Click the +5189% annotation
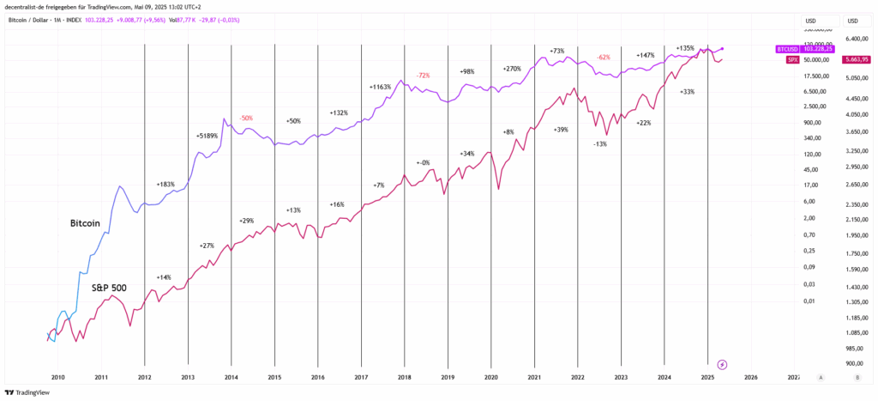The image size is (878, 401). pos(207,136)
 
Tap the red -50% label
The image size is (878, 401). pos(246,118)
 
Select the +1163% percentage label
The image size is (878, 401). pos(380,87)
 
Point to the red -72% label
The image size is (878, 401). pos(423,76)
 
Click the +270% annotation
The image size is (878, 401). pos(512,69)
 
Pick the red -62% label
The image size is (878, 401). pos(604,57)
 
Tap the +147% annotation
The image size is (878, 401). pos(646,55)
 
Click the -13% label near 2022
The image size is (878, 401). pos(600,143)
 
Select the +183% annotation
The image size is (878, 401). pos(165,185)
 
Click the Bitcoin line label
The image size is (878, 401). pos(85,223)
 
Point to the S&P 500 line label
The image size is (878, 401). pos(109,288)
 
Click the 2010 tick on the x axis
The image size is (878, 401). pos(57,377)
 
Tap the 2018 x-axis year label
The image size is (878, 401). pos(404,377)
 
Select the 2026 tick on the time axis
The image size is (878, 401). pos(751,377)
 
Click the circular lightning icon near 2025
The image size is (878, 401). pos(722,364)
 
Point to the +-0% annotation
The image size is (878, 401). pos(423,162)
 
